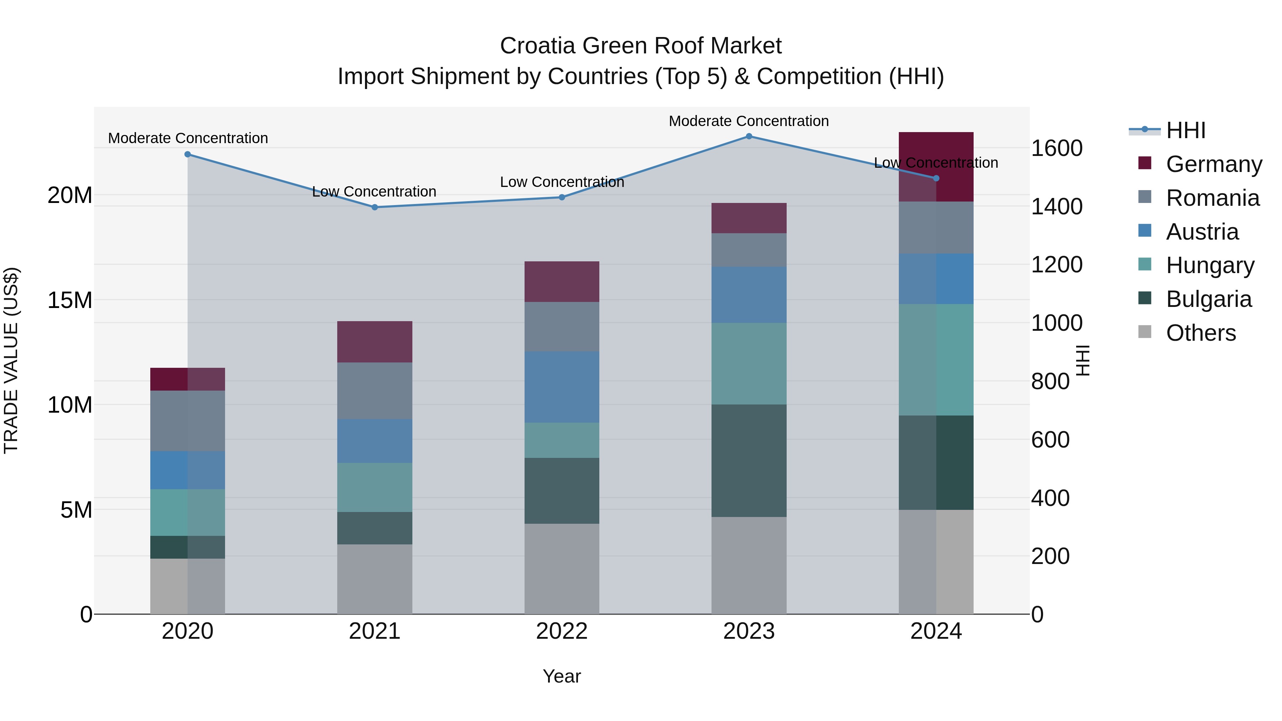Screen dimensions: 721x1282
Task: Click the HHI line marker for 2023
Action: pyautogui.click(x=749, y=136)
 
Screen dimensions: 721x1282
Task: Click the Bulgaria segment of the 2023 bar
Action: pyautogui.click(x=749, y=460)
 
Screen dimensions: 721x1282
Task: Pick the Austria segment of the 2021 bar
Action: pyautogui.click(x=375, y=441)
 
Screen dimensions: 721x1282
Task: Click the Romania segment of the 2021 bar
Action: pyautogui.click(x=375, y=391)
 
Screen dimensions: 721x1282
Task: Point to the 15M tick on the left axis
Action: pyautogui.click(x=70, y=300)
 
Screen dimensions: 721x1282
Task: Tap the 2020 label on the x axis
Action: pyautogui.click(x=188, y=631)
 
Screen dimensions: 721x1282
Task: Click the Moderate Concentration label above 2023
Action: pyautogui.click(x=749, y=121)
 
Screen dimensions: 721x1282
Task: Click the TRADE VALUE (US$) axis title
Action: pyautogui.click(x=11, y=360)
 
